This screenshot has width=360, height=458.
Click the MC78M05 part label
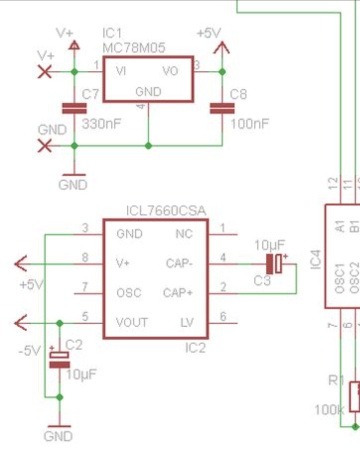tap(133, 48)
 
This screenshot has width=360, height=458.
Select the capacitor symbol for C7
tap(74, 108)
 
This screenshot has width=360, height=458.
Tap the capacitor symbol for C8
tap(222, 108)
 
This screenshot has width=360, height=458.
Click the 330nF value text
tap(101, 123)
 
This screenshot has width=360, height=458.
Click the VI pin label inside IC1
tap(120, 71)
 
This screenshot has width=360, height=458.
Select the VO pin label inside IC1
tap(170, 71)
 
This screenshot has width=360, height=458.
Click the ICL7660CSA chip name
tap(166, 210)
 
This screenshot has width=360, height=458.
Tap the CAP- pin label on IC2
tap(178, 263)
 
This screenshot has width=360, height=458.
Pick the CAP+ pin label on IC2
tap(178, 292)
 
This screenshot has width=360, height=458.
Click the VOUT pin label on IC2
tap(132, 322)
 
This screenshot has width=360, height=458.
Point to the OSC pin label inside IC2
tap(129, 292)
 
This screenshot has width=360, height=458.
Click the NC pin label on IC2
tap(183, 234)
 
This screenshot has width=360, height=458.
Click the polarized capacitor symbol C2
tap(59, 359)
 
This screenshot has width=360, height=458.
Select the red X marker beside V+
tap(45, 72)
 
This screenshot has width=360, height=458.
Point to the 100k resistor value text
tap(329, 410)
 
